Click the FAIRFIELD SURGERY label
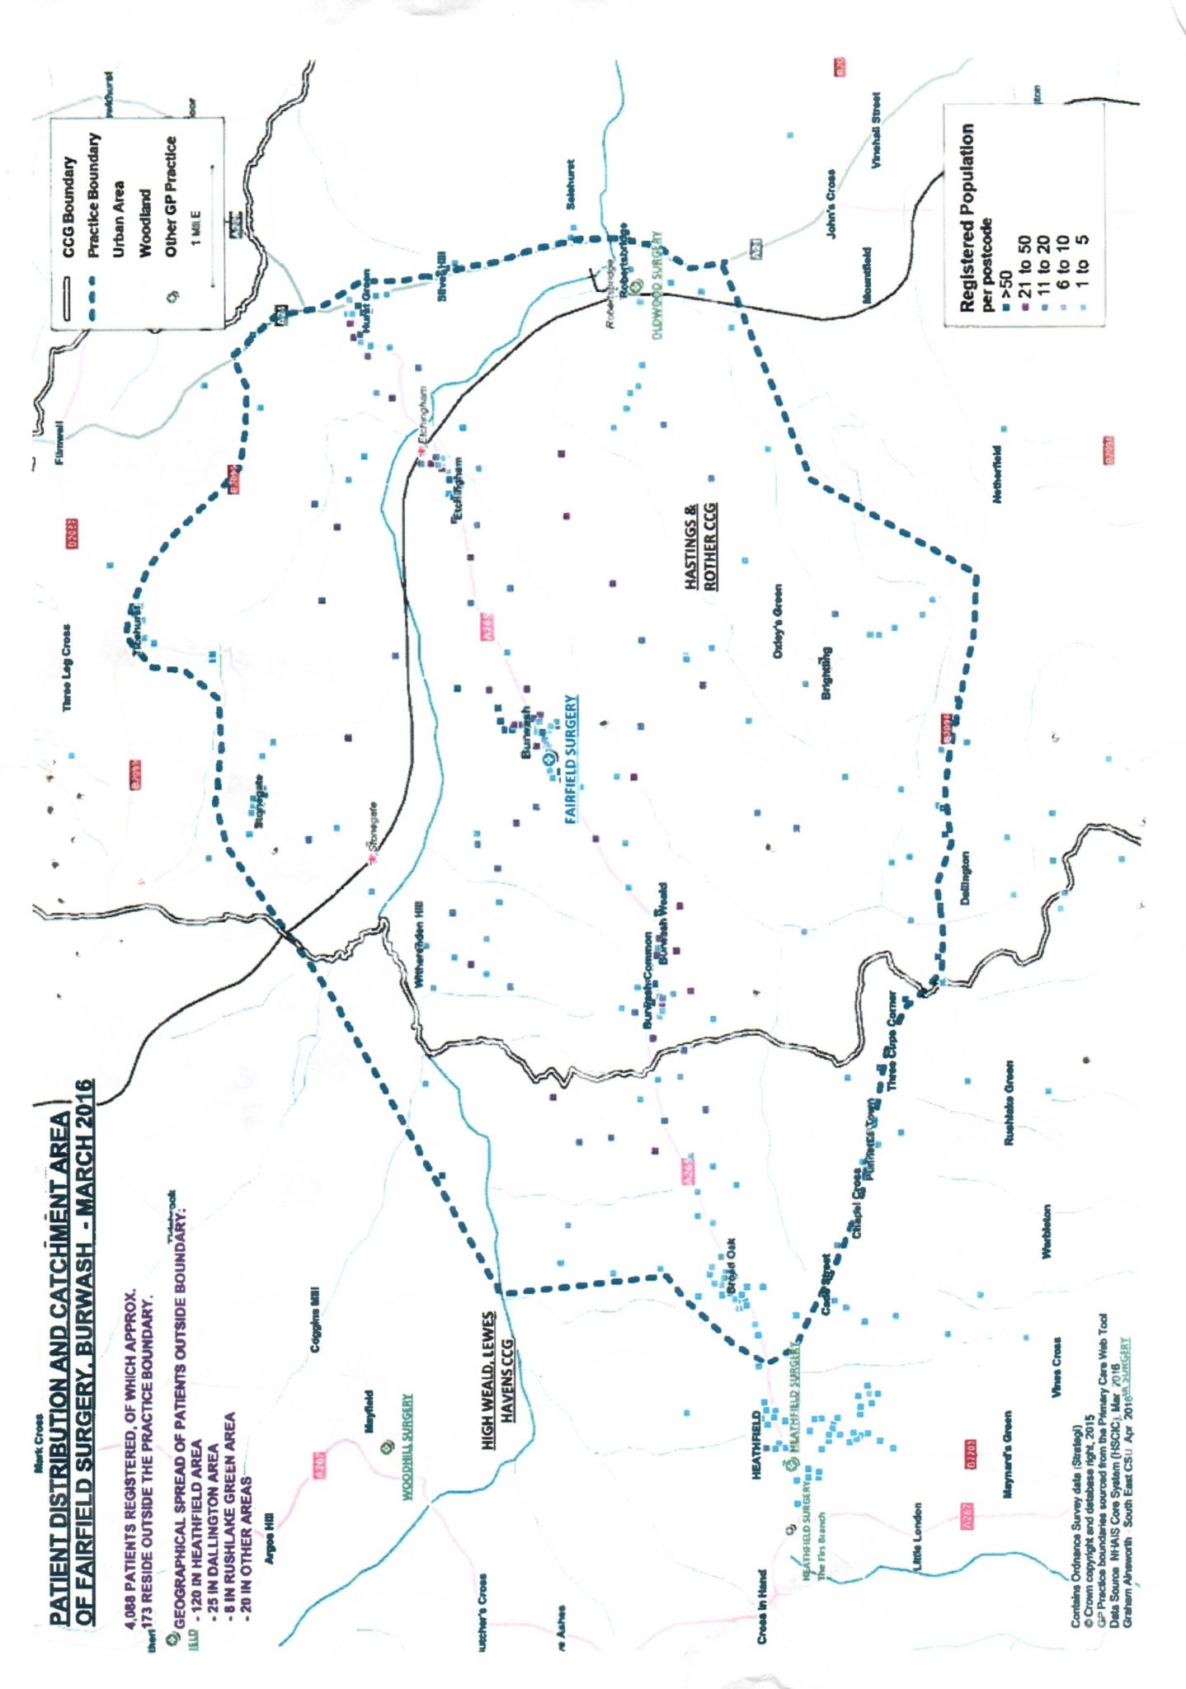[x=571, y=760]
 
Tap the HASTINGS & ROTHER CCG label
[x=701, y=546]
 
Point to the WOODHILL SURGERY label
[x=407, y=1447]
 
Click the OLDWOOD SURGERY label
[x=658, y=288]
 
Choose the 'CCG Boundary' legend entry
[x=69, y=207]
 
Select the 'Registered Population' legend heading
[x=967, y=218]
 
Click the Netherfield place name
[x=997, y=474]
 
